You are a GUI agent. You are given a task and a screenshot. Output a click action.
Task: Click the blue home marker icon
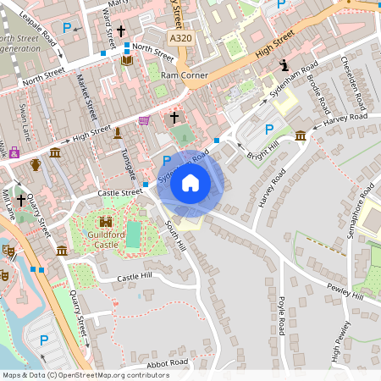coord(190,183)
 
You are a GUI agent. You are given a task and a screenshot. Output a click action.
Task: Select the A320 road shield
coord(179,39)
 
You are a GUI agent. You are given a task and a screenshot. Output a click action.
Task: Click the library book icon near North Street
coord(126,60)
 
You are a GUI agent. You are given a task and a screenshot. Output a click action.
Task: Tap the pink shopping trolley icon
coord(144,120)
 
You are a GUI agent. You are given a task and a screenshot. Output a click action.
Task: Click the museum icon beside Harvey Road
coord(301,135)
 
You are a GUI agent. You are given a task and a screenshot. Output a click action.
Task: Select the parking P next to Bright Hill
coord(269,130)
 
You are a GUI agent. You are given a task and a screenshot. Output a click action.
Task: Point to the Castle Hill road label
coord(134,277)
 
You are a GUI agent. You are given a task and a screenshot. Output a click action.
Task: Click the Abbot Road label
coord(168,362)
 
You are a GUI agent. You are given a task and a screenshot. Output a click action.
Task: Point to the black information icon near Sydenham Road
coord(284,64)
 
